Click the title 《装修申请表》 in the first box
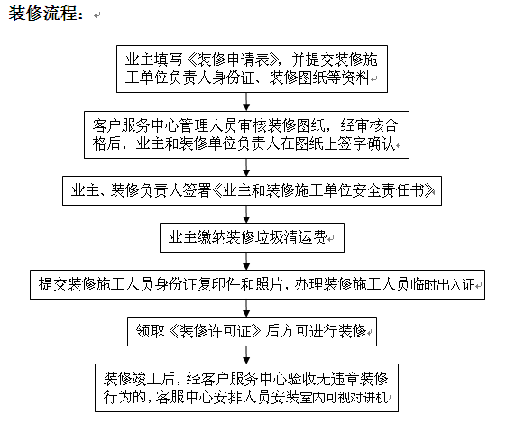coord(232,60)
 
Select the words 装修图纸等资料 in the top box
coord(319,78)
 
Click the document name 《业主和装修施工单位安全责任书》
coord(323,190)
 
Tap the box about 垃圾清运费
coord(252,237)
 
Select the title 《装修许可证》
coord(215,331)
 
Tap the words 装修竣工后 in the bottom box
coord(139,379)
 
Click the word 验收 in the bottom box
coord(296,379)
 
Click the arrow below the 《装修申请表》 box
coord(246,102)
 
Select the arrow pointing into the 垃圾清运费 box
coord(246,214)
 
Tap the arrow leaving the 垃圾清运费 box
coord(246,261)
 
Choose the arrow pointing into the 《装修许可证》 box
coord(246,309)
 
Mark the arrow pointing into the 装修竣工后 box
coord(246,355)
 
